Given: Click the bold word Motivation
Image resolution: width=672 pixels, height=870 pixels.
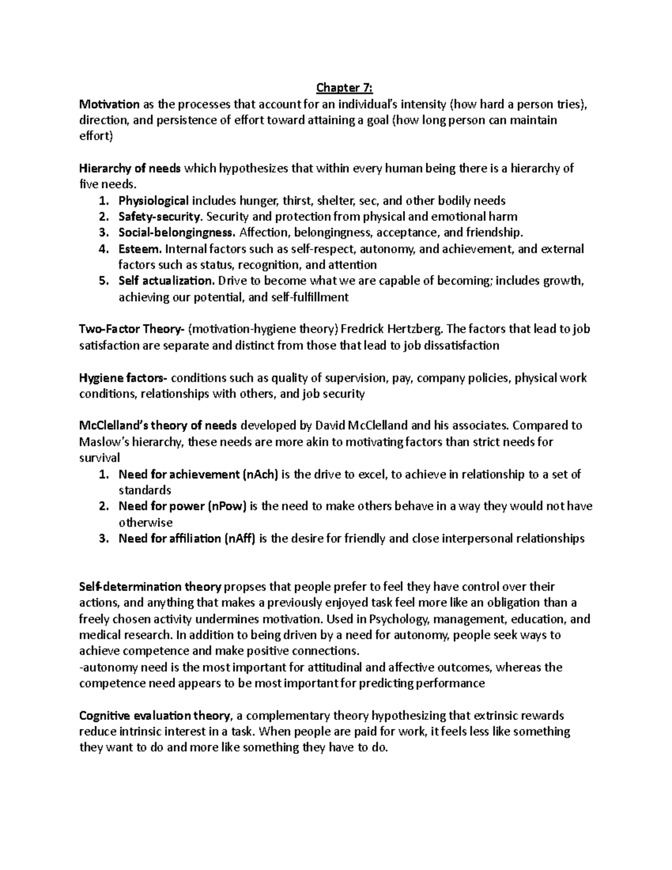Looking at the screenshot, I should [x=109, y=104].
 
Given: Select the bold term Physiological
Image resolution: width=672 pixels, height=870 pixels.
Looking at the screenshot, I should [x=153, y=201].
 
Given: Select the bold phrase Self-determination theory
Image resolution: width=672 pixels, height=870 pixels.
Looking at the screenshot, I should [x=151, y=587].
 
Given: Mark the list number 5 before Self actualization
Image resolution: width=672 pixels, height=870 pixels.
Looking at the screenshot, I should [x=102, y=281].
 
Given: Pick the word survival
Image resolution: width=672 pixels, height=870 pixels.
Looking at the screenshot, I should [x=100, y=458].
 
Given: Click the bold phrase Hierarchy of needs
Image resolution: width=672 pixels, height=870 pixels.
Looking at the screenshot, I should [x=130, y=168].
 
